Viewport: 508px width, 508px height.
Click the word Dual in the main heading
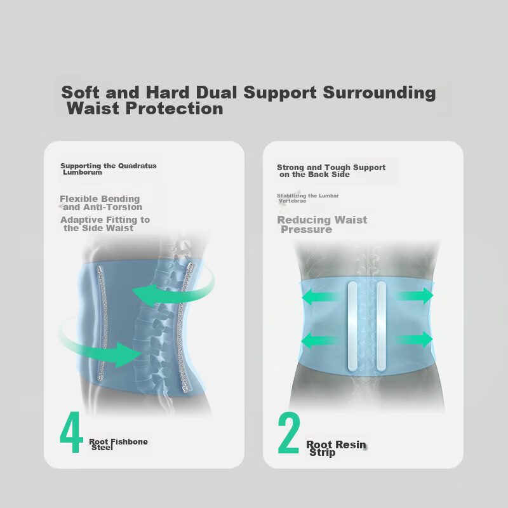tap(217, 93)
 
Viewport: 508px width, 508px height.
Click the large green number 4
tap(72, 432)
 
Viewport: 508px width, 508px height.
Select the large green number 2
tap(288, 432)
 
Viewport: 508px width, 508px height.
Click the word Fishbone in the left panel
tap(130, 441)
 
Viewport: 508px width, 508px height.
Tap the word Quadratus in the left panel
tap(137, 166)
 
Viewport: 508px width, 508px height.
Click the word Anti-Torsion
tap(114, 207)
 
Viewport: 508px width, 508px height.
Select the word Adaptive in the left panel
tap(82, 220)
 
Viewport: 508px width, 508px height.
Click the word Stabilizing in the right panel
tap(291, 196)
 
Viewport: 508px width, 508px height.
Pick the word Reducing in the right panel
tap(304, 220)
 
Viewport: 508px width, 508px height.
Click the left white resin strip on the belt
tap(352, 326)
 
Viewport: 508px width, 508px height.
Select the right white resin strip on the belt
tap(382, 326)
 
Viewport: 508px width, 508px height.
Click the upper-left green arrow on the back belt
tap(321, 297)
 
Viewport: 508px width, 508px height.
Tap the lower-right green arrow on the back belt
tap(414, 340)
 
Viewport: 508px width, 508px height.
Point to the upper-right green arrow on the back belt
tap(415, 296)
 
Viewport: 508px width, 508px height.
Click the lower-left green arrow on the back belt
tap(320, 340)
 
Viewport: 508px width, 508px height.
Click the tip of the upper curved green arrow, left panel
tap(133, 290)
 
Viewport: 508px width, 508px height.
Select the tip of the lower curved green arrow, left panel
tap(142, 354)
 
